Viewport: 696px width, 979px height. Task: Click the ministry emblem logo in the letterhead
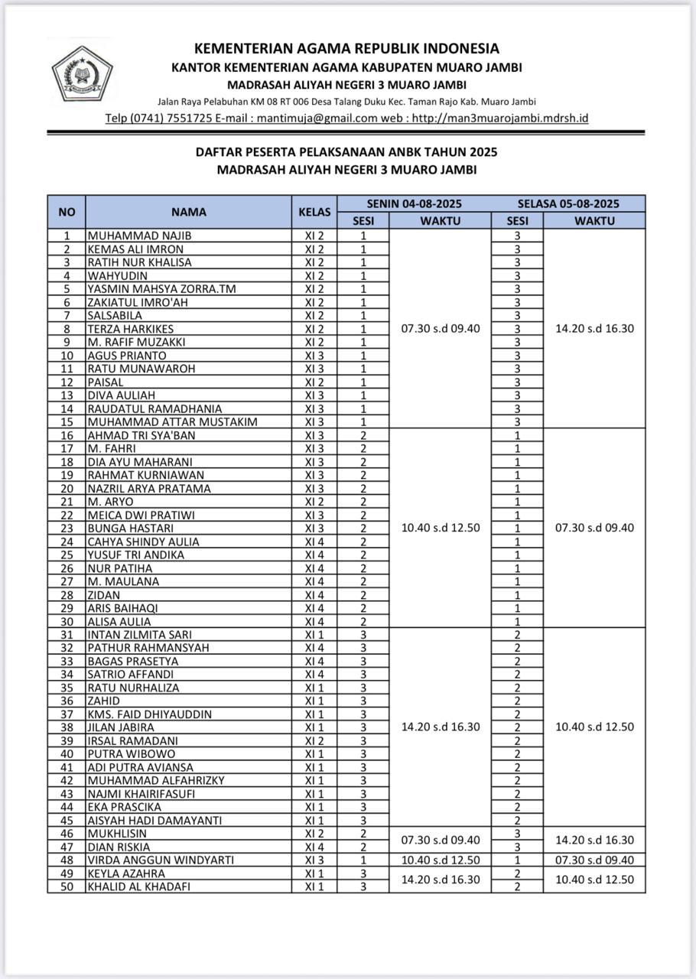(82, 73)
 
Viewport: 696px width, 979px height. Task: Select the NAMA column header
(188, 212)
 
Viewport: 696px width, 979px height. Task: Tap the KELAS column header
(314, 212)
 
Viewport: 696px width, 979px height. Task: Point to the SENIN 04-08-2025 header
(414, 203)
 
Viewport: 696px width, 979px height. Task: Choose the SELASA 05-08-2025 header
(568, 203)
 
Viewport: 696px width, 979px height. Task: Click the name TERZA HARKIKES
(130, 329)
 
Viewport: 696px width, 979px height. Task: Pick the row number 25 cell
(67, 555)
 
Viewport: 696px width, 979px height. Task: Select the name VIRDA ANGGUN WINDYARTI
(161, 860)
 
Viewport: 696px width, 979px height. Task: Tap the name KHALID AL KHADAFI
(138, 886)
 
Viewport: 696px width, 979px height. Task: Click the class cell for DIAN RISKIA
(314, 847)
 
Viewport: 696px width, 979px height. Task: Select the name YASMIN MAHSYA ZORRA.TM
(161, 289)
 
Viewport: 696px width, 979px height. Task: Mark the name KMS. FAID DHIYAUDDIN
(150, 714)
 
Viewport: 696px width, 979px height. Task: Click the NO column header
(67, 212)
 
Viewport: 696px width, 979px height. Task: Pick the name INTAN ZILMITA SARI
(139, 635)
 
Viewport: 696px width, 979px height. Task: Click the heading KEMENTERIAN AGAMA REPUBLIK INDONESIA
(346, 49)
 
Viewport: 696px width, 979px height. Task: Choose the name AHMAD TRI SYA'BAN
(141, 435)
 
